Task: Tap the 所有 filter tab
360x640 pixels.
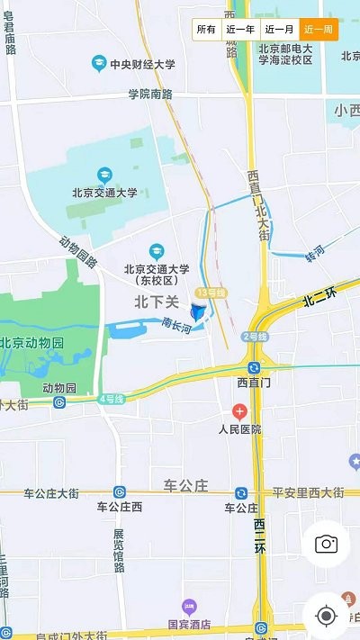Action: pyautogui.click(x=206, y=30)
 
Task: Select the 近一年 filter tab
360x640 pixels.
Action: pyautogui.click(x=240, y=30)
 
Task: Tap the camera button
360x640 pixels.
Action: pyautogui.click(x=325, y=544)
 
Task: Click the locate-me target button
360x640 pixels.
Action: pyautogui.click(x=326, y=616)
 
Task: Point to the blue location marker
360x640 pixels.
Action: pyautogui.click(x=199, y=311)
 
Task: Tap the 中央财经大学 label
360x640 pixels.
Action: pyautogui.click(x=142, y=64)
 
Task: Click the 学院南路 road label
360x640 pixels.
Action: pyautogui.click(x=149, y=94)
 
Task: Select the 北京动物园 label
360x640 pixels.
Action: pyautogui.click(x=32, y=343)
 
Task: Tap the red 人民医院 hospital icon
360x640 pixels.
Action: pyautogui.click(x=238, y=411)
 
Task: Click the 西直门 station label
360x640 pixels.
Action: pyautogui.click(x=255, y=383)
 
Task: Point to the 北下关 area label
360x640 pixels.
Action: pyautogui.click(x=158, y=302)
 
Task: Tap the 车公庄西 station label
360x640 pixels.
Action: pyautogui.click(x=120, y=507)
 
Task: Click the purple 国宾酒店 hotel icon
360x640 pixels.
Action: pyautogui.click(x=188, y=606)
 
